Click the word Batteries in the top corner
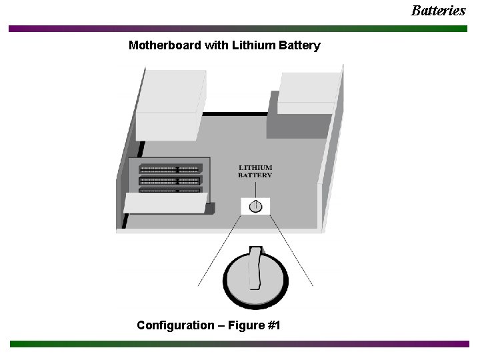pyautogui.click(x=438, y=10)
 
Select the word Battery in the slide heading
pyautogui.click(x=298, y=46)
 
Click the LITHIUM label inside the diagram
pyautogui.click(x=255, y=168)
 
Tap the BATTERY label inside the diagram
pyautogui.click(x=255, y=175)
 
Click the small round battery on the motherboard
pyautogui.click(x=255, y=206)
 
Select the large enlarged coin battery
pyautogui.click(x=256, y=279)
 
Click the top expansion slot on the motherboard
pyautogui.click(x=169, y=169)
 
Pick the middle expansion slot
pyautogui.click(x=169, y=181)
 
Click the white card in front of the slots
pyautogui.click(x=165, y=203)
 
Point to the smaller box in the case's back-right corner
pyautogui.click(x=307, y=93)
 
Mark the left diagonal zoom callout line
pyautogui.click(x=220, y=251)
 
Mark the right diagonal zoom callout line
pyautogui.click(x=292, y=251)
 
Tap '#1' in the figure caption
pyautogui.click(x=273, y=325)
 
